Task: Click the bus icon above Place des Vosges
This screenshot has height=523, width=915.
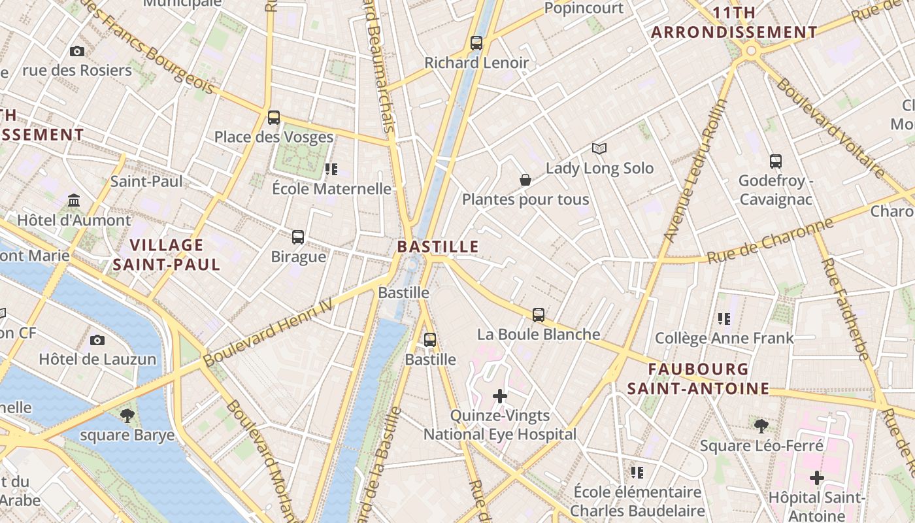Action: coord(274,118)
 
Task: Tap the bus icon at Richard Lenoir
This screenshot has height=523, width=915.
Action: coord(476,43)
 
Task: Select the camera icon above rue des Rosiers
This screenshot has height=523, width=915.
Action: coord(77,51)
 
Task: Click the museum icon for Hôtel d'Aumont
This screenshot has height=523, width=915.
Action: coord(74,200)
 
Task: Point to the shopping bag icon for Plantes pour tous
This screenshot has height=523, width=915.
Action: coord(525,180)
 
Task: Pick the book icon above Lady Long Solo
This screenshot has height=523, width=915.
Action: coord(599,148)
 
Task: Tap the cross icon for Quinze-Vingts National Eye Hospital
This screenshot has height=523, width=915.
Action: coord(500,396)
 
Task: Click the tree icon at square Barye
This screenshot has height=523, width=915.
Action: coord(127,415)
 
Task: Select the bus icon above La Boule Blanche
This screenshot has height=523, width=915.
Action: coord(539,315)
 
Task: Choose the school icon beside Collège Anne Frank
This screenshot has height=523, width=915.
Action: coord(724,319)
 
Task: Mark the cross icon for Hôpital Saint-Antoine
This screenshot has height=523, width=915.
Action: coord(816,478)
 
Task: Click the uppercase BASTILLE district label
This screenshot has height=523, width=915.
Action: coord(438,247)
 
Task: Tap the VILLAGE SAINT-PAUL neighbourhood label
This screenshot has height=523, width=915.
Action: coord(167,255)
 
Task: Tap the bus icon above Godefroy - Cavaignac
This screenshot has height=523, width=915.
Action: coord(776,161)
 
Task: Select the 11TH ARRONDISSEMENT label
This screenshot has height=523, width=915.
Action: coord(734,23)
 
